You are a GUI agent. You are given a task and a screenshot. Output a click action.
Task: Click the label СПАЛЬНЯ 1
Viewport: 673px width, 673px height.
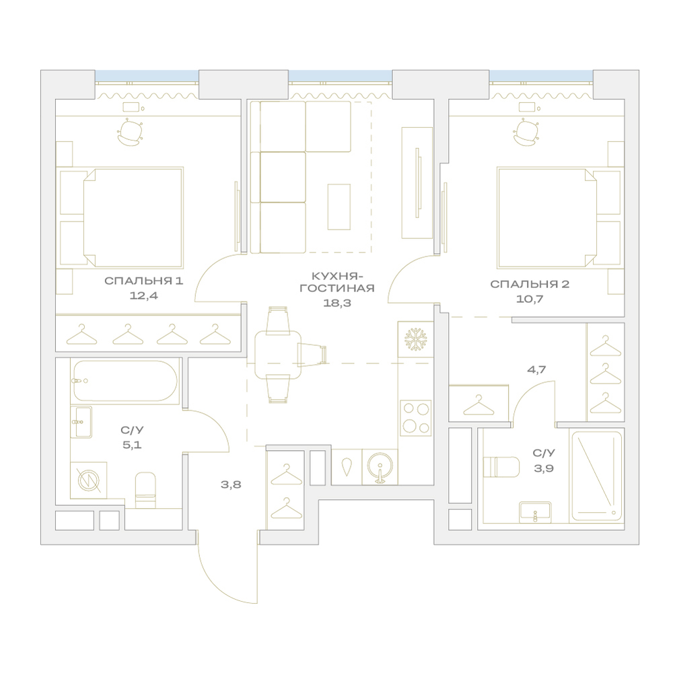pyautogui.click(x=144, y=281)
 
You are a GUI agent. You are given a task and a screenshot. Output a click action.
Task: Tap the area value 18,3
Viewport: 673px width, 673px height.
pyautogui.click(x=337, y=303)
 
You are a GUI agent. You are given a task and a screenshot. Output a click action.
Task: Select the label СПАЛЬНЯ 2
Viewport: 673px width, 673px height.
pyautogui.click(x=530, y=284)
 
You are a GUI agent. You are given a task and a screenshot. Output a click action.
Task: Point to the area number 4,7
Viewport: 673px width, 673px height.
pyautogui.click(x=536, y=369)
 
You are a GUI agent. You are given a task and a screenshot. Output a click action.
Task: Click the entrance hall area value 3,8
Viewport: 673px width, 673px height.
pyautogui.click(x=231, y=485)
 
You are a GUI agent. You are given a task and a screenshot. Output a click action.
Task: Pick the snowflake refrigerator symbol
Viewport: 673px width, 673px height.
pyautogui.click(x=415, y=339)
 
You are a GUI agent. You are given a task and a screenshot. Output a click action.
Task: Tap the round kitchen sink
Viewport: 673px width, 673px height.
pyautogui.click(x=380, y=467)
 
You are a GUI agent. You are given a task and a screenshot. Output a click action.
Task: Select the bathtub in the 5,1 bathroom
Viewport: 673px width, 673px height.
pyautogui.click(x=125, y=381)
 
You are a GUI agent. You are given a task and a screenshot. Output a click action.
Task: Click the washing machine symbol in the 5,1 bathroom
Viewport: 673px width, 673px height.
pyautogui.click(x=89, y=480)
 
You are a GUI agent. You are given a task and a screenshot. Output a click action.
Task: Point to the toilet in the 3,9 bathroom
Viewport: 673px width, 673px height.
pyautogui.click(x=501, y=467)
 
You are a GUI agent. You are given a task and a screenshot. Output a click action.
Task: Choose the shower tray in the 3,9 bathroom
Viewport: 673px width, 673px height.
pyautogui.click(x=596, y=476)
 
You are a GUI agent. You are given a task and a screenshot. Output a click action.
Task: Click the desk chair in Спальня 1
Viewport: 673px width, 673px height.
pyautogui.click(x=129, y=132)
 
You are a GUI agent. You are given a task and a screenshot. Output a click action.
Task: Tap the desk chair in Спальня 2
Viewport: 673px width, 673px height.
pyautogui.click(x=526, y=132)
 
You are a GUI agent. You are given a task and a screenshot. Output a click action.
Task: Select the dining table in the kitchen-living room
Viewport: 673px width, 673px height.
pyautogui.click(x=278, y=355)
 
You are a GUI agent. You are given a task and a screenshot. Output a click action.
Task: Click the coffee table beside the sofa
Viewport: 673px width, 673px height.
pyautogui.click(x=339, y=207)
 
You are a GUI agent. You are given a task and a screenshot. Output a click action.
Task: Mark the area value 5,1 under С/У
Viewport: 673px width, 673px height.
pyautogui.click(x=132, y=445)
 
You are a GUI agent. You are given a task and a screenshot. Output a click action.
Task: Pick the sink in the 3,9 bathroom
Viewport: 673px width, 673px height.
pyautogui.click(x=535, y=511)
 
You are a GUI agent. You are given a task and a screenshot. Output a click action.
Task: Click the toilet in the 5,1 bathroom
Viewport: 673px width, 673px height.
pyautogui.click(x=145, y=490)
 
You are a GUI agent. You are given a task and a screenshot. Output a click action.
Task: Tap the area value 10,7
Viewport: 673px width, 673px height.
pyautogui.click(x=530, y=299)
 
